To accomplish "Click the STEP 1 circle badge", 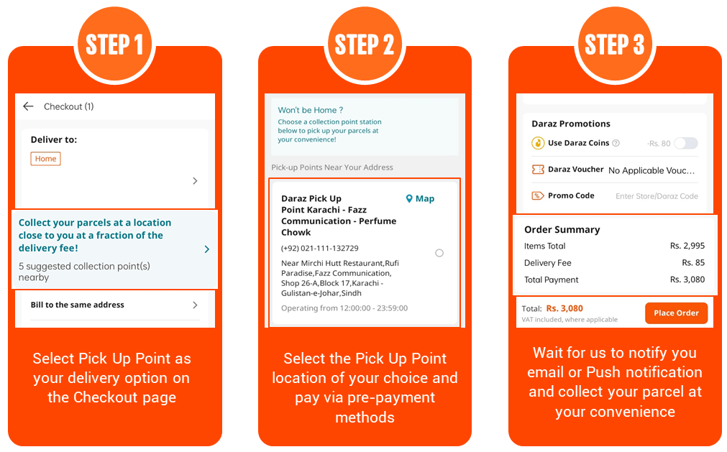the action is [114, 45].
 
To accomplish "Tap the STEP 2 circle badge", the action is [365, 45].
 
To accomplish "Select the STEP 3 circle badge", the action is [615, 45].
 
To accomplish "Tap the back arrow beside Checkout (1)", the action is [28, 106].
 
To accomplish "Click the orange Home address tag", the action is [45, 159].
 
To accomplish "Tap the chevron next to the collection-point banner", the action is [207, 249].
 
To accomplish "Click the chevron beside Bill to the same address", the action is [195, 305].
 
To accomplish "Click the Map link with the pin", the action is [420, 198].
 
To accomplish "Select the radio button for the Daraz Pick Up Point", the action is [439, 253].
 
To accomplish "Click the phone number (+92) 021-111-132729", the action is [320, 248].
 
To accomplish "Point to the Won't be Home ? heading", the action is [310, 110].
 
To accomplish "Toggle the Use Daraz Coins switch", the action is [686, 143].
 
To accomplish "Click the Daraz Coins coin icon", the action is [538, 143].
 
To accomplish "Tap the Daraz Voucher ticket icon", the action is [538, 170].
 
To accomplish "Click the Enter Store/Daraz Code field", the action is [657, 196].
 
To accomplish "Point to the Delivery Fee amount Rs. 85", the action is [693, 263].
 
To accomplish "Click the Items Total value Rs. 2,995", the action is [687, 246].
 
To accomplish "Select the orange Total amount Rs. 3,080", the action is [564, 308].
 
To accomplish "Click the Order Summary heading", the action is [562, 230].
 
